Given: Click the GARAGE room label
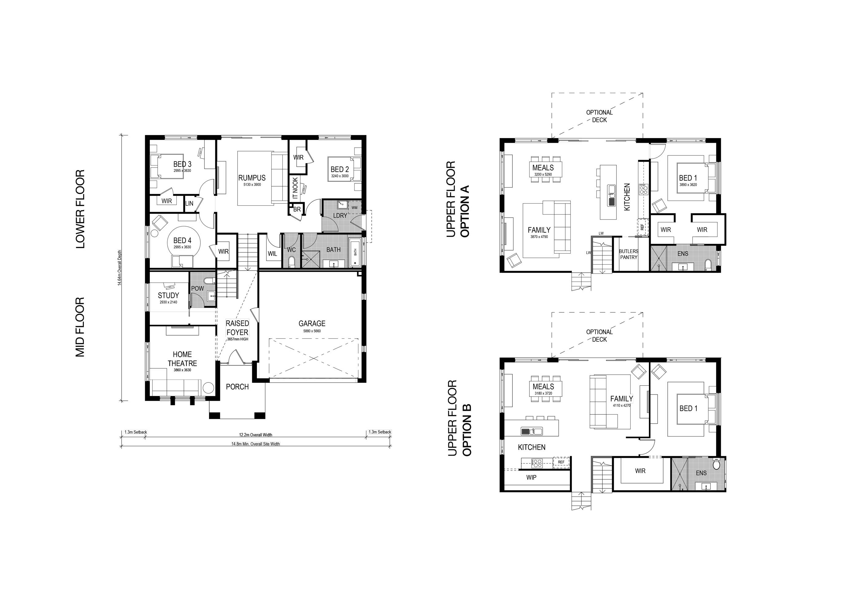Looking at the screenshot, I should click(x=312, y=323).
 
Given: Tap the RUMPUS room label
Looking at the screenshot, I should click(x=252, y=178).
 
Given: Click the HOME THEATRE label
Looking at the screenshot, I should click(x=182, y=359).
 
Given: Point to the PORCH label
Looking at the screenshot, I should click(x=237, y=387).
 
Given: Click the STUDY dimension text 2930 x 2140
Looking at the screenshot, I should click(x=168, y=302).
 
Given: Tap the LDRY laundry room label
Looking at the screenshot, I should click(x=340, y=215).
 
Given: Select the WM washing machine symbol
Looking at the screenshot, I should click(x=354, y=208).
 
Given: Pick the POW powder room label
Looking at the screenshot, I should click(x=197, y=288).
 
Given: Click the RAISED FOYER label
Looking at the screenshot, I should click(x=238, y=328).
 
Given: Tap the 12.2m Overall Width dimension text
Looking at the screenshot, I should click(x=255, y=435).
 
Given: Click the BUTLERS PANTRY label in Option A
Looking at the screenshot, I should click(x=628, y=254).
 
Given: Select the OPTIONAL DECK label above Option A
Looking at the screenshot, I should click(x=599, y=116).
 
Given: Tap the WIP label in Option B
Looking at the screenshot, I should click(x=531, y=477).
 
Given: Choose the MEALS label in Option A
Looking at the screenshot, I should click(x=543, y=168).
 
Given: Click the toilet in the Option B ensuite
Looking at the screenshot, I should click(x=716, y=465).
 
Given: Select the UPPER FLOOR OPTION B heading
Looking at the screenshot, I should click(x=459, y=418).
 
